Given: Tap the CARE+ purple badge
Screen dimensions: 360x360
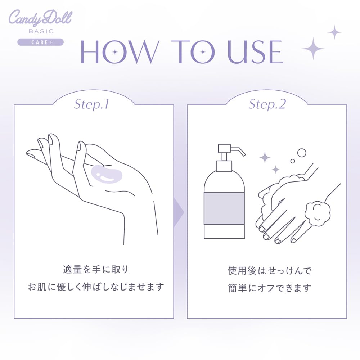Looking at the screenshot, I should (x=40, y=42).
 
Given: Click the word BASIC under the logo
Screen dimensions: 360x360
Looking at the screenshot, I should (x=40, y=32).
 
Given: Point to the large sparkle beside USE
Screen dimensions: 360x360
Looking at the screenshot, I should (x=313, y=49).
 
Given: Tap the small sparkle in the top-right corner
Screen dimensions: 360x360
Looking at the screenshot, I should (x=334, y=32).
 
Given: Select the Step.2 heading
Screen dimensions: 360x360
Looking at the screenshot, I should (x=267, y=104).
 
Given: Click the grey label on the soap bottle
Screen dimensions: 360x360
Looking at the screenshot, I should (x=224, y=208).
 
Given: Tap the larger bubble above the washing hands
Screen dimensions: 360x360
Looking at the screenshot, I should (x=302, y=153).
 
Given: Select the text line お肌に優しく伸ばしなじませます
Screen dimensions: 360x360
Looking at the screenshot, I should (x=95, y=287).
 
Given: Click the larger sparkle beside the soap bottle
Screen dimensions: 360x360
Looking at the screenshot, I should (x=265, y=157).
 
